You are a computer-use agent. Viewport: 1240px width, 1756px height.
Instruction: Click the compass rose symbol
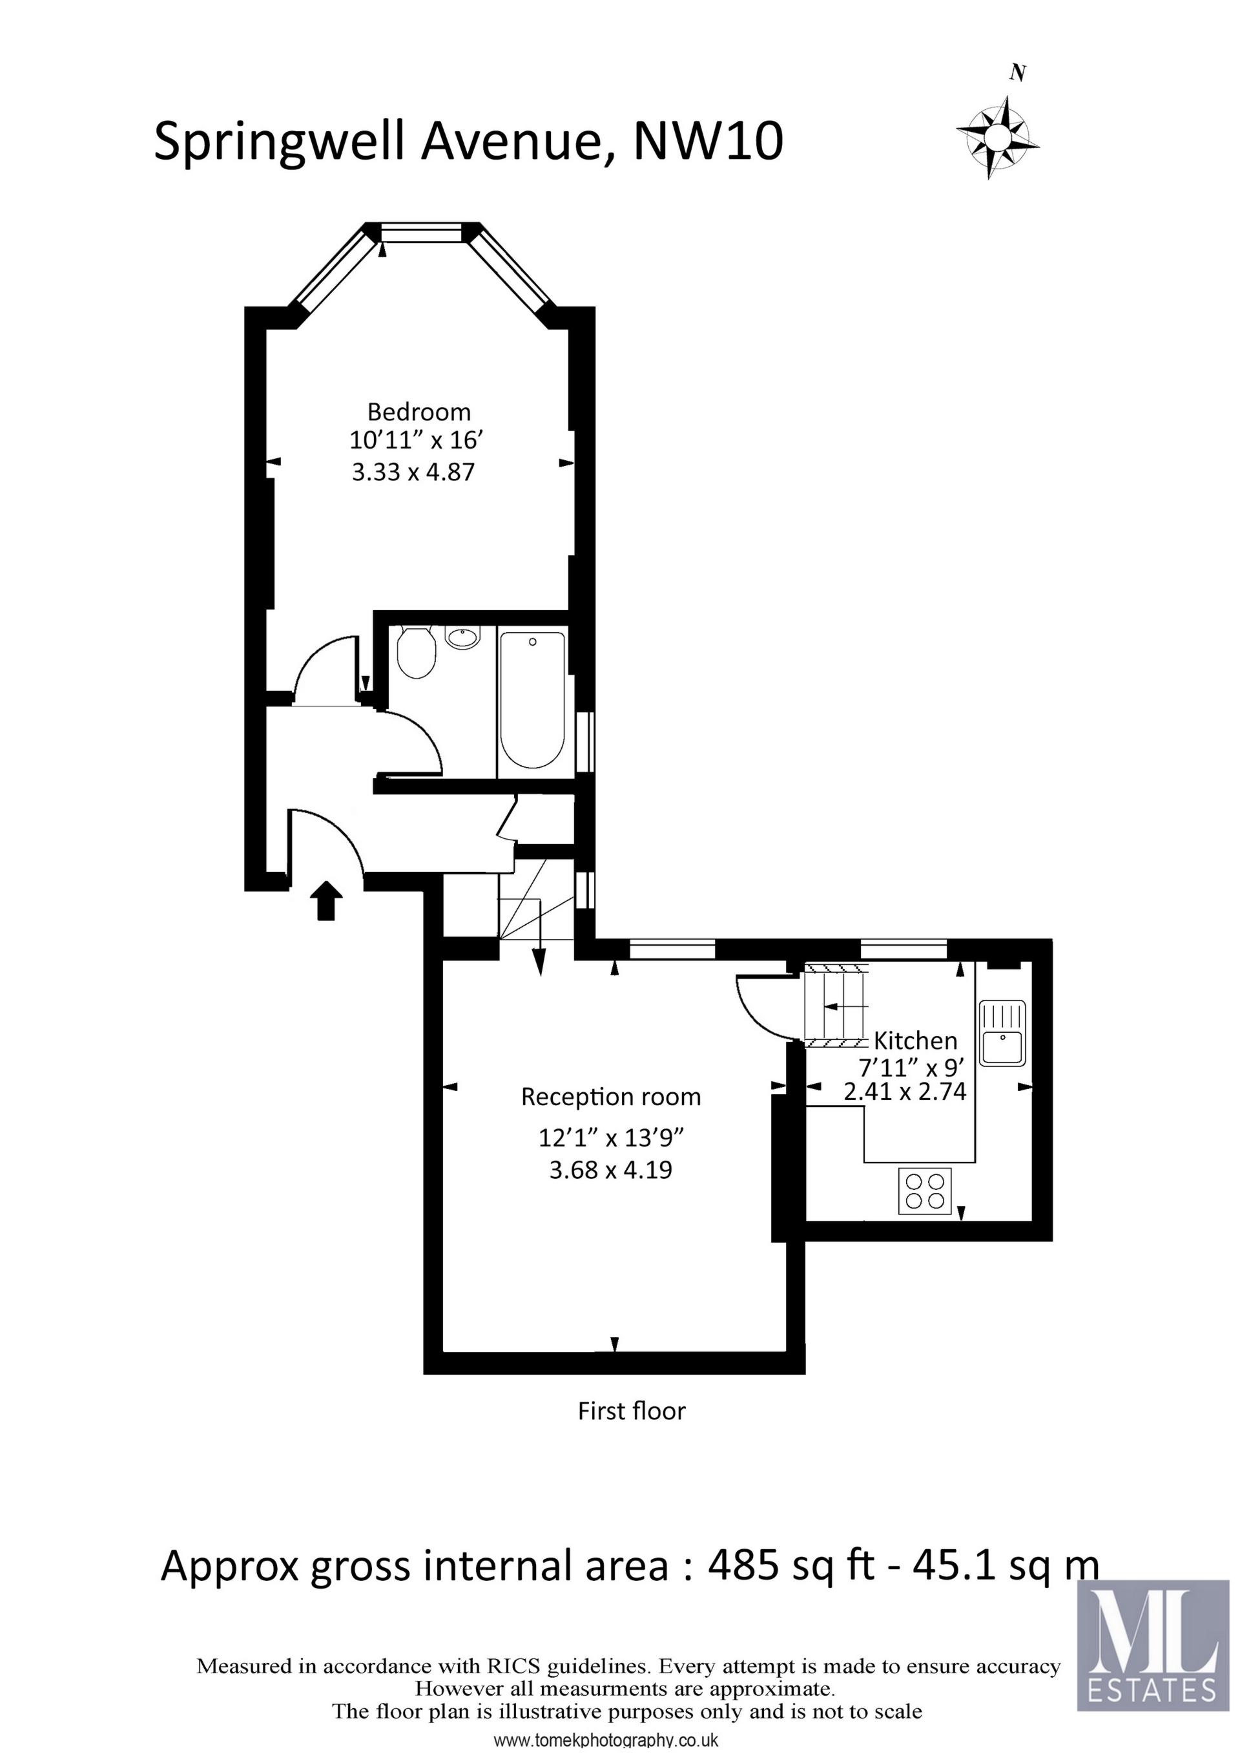(998, 138)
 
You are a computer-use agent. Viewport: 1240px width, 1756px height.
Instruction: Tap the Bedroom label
(419, 412)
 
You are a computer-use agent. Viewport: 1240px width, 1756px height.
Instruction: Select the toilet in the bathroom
(417, 652)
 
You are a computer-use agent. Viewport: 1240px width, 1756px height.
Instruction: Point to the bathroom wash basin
(462, 638)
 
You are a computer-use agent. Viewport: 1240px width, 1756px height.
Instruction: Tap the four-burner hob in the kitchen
(925, 1190)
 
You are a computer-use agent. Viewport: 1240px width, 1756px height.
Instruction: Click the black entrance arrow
(326, 900)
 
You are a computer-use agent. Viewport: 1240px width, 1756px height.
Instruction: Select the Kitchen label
(915, 1041)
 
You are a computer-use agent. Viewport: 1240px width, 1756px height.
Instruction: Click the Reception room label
(611, 1097)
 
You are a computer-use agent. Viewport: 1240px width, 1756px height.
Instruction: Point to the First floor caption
(632, 1411)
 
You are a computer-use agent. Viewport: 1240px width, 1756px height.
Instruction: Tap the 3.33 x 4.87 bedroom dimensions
(413, 472)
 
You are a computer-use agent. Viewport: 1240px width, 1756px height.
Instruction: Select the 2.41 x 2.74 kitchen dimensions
(905, 1092)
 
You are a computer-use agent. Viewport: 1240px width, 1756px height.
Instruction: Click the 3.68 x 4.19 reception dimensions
(611, 1170)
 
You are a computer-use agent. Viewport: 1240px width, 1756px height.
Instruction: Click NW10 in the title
(708, 142)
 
